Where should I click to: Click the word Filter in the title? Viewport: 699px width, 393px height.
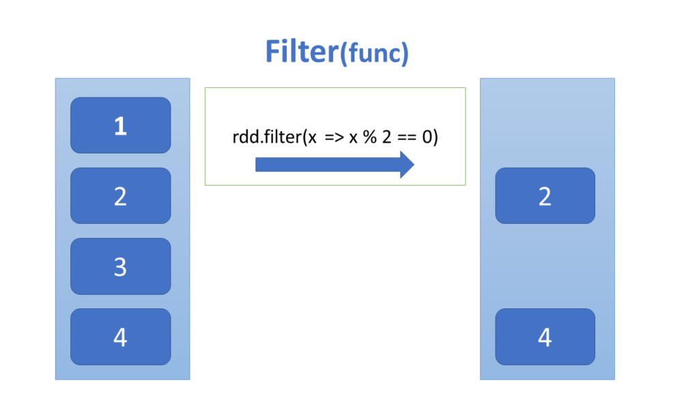coord(301,52)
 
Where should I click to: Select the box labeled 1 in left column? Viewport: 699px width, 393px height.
coord(120,126)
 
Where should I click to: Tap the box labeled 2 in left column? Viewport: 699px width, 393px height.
coord(120,196)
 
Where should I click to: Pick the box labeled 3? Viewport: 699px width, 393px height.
coord(120,266)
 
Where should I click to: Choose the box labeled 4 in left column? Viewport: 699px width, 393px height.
coord(120,336)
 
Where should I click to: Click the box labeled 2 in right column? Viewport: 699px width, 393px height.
coord(545,196)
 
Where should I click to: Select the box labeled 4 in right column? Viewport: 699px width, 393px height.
coord(545,336)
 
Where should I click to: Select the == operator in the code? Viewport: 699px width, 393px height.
coord(408,137)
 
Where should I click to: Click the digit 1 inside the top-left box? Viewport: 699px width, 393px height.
coord(120,126)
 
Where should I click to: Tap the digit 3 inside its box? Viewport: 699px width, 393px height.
coord(120,267)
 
